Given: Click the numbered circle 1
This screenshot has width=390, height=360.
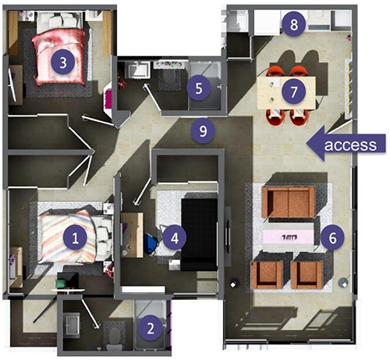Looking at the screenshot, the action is [x=75, y=237].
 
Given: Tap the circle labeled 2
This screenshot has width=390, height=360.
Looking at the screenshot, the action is [x=151, y=328].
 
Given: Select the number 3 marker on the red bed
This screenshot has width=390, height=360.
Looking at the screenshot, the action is [x=63, y=62].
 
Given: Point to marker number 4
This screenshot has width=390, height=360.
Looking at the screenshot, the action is [x=175, y=237].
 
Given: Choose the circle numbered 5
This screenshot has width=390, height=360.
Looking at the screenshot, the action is [x=199, y=88].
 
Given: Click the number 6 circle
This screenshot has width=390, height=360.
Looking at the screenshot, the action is [x=332, y=237].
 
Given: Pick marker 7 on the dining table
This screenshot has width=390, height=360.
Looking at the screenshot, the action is [x=294, y=91].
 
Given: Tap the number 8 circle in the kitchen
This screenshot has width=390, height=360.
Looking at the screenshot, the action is [x=294, y=25].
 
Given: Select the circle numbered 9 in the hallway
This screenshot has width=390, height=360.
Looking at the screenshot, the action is [x=203, y=130].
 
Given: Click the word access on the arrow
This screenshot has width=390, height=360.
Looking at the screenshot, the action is [x=350, y=144].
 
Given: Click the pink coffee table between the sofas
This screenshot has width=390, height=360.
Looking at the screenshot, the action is [x=288, y=237].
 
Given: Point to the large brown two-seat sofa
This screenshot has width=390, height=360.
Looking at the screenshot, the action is [x=289, y=202].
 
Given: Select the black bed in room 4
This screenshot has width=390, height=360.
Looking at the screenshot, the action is [x=199, y=234].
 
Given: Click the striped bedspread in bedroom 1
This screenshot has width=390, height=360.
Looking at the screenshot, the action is [x=67, y=237].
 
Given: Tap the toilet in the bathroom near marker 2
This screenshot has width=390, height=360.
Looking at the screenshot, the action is [x=114, y=336].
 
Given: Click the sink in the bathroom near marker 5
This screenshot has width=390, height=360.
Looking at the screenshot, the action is [x=137, y=70].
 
